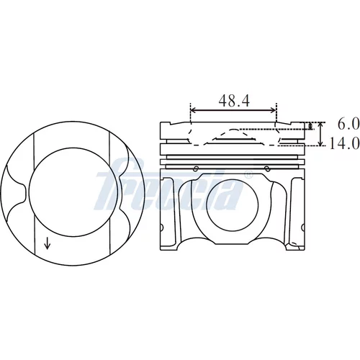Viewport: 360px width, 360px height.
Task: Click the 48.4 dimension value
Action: tap(234, 101)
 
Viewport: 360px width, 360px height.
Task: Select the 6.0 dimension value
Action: tap(348, 125)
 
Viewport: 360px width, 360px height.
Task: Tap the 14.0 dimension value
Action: tap(344, 143)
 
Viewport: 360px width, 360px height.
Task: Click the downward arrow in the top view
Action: tap(48, 243)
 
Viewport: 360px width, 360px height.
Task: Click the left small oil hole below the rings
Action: tap(196, 168)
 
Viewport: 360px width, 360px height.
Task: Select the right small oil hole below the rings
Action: tap(267, 168)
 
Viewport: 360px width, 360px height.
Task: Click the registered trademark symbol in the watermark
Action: tap(248, 175)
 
